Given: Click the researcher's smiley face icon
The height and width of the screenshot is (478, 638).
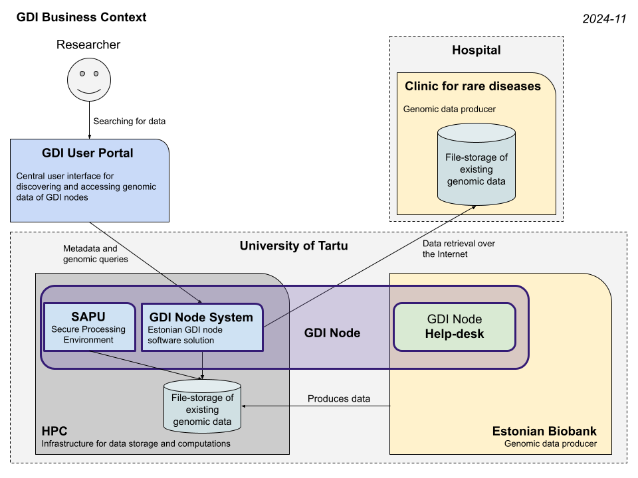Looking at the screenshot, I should coord(88,80).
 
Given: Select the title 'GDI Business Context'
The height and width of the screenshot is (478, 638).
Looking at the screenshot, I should coord(81,17).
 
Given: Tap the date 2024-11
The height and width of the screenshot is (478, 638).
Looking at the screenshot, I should coord(604,19).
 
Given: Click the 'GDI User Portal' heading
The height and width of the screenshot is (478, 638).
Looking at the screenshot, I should coord(88,153).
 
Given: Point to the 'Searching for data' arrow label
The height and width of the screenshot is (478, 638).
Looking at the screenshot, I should coord(129,121).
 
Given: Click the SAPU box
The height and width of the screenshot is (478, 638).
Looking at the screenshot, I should coord(88,327).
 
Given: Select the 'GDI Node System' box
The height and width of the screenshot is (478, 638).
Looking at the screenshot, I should coord(201,327).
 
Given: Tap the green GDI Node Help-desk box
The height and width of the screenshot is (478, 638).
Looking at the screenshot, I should coord(454,327).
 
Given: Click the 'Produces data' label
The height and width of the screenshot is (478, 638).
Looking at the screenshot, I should coord(338,399).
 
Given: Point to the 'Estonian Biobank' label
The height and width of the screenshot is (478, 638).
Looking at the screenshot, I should coord(544,430).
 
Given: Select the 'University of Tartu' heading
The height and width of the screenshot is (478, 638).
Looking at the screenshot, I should coord(293,246).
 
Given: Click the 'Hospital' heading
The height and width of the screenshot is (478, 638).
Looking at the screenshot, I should coord(476,50).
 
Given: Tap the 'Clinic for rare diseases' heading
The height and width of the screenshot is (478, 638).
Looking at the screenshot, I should coord(473,86).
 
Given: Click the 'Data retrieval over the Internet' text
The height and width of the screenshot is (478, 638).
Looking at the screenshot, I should coord(459,248).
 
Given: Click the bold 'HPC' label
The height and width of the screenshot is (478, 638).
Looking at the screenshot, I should coord(54,431).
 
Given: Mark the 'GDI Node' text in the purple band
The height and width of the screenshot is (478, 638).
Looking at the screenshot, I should coord(332,333).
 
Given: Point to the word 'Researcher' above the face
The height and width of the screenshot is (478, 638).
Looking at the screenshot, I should coord(88,45).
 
